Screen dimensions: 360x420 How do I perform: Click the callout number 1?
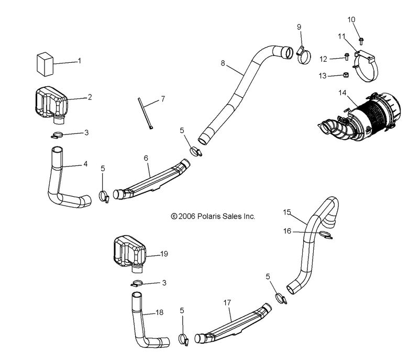pyautogui.click(x=79, y=61)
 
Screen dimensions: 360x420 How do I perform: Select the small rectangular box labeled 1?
pyautogui.click(x=46, y=64)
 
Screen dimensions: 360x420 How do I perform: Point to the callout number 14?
pyautogui.click(x=342, y=93)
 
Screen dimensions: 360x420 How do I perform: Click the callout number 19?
pyautogui.click(x=164, y=254)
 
